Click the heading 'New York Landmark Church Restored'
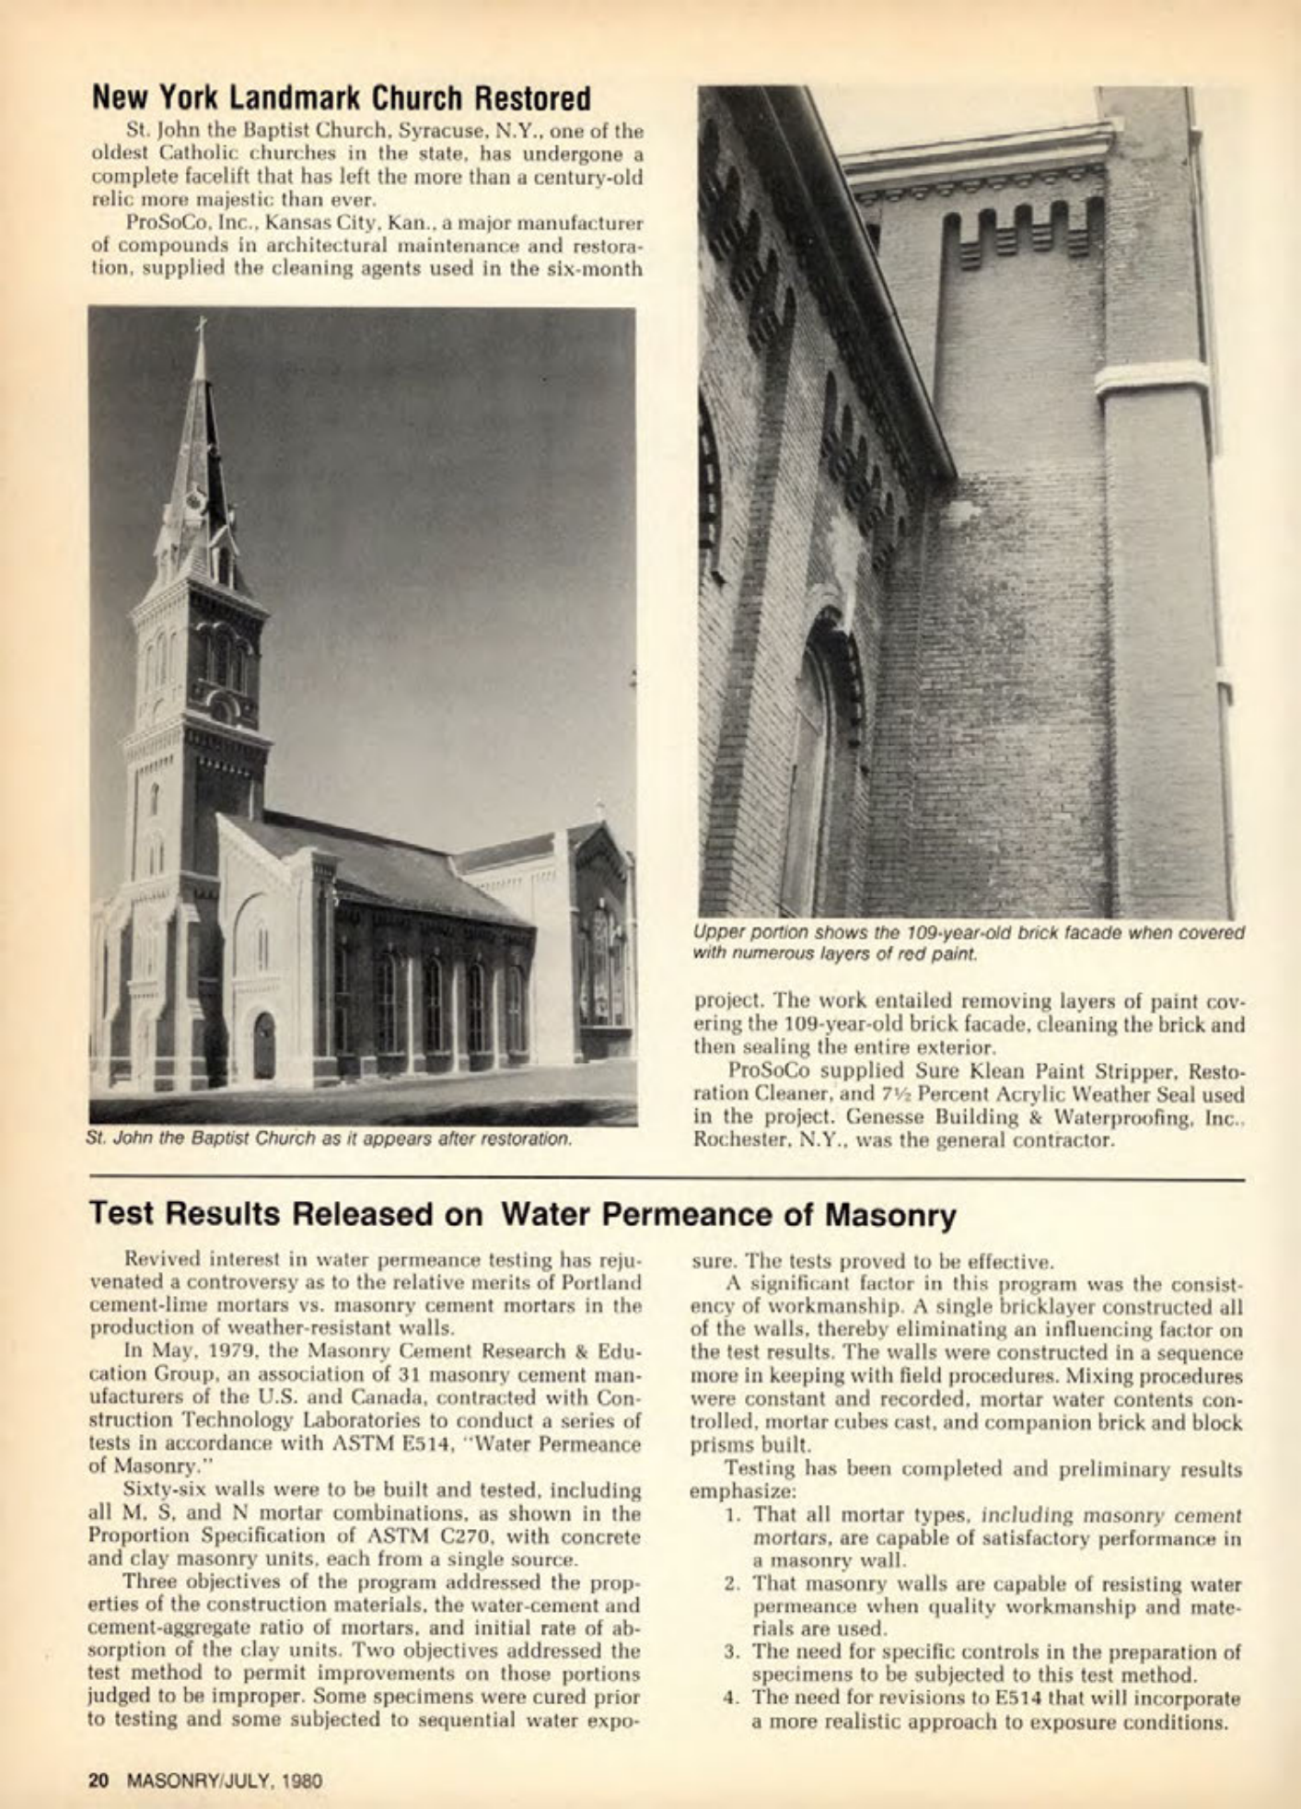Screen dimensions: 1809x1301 point(341,97)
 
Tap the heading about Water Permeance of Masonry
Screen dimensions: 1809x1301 point(522,1215)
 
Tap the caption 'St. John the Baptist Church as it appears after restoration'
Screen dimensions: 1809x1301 point(329,1138)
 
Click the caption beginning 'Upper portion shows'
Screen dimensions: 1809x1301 point(968,941)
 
